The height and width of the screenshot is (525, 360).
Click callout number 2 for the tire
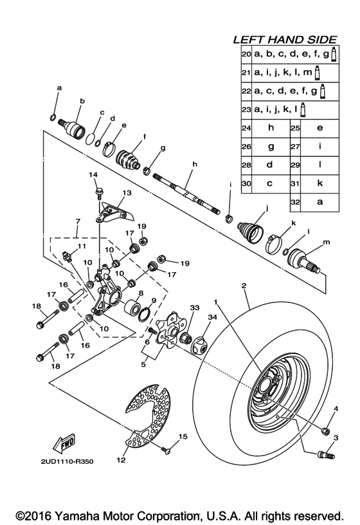pos(244,284)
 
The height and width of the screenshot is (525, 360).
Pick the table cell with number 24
pos(245,128)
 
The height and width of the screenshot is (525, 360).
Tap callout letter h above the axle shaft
pos(192,165)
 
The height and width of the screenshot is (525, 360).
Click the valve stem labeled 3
pos(325,455)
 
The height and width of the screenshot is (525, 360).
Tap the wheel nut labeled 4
pos(325,430)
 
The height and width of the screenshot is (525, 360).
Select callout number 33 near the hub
pos(195,308)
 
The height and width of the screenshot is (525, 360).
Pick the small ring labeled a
pos(55,117)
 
